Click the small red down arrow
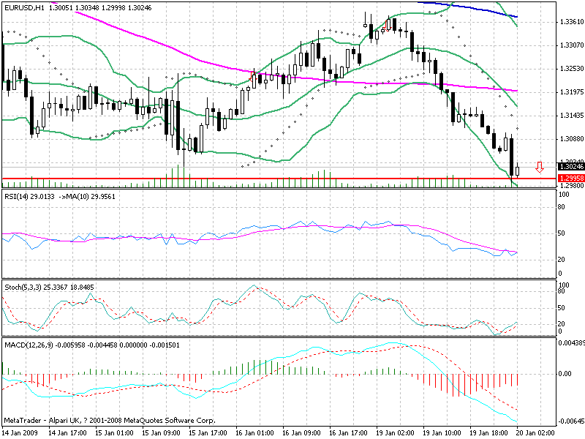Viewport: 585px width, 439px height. tap(540, 168)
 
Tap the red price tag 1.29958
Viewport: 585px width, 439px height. tap(570, 179)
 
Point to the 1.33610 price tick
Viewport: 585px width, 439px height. tap(570, 22)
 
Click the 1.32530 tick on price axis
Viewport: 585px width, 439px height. tap(570, 69)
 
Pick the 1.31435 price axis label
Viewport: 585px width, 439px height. tap(570, 116)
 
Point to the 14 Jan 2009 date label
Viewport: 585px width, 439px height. tap(20, 433)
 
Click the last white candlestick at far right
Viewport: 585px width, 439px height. tap(518, 170)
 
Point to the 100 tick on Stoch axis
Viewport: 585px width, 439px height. tap(563, 285)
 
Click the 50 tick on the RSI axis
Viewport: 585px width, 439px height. tap(562, 233)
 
